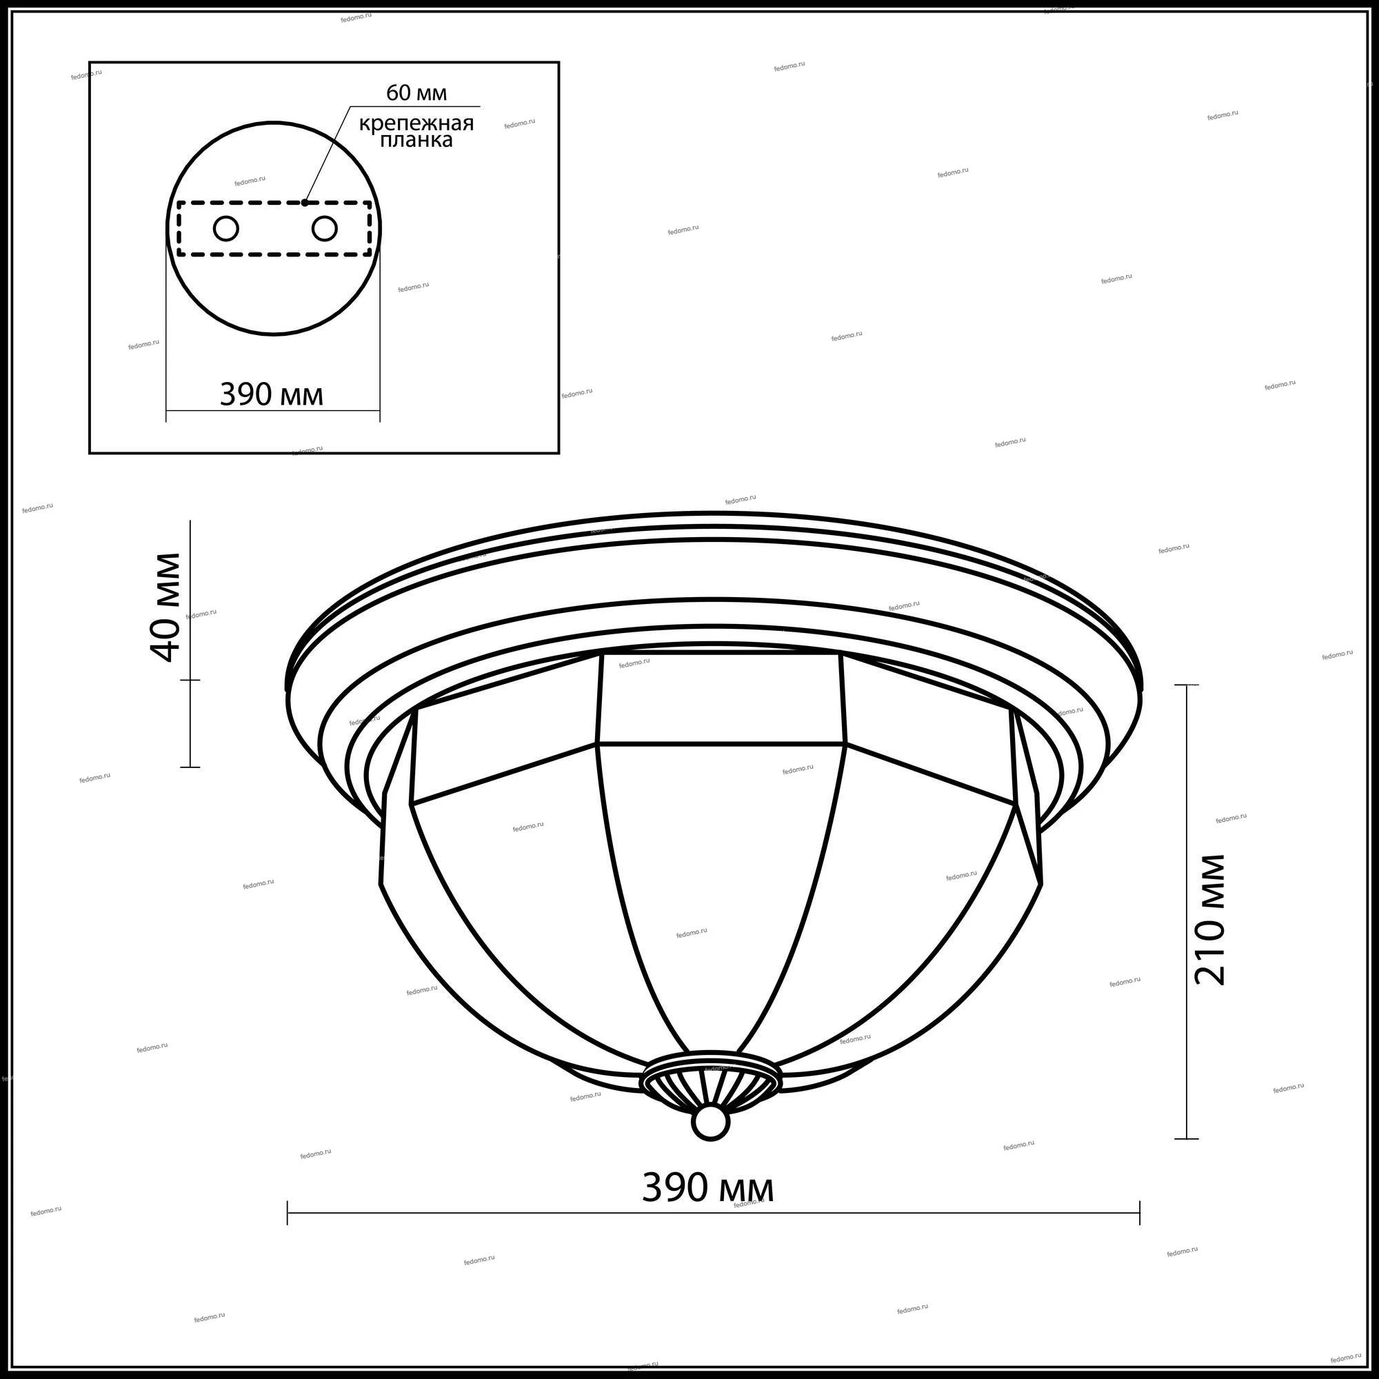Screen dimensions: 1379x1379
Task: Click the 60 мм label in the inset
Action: click(x=416, y=93)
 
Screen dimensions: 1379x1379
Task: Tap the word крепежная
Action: click(x=416, y=123)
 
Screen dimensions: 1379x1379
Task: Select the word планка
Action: click(x=416, y=141)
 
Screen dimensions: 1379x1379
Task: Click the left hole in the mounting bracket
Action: click(x=226, y=229)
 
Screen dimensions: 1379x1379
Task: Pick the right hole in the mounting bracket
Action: click(x=324, y=229)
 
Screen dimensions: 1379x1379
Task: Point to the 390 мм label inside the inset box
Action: click(x=271, y=394)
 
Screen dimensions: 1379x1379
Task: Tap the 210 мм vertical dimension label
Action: click(x=1209, y=920)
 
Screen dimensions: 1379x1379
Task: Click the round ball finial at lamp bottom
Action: click(x=710, y=1123)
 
